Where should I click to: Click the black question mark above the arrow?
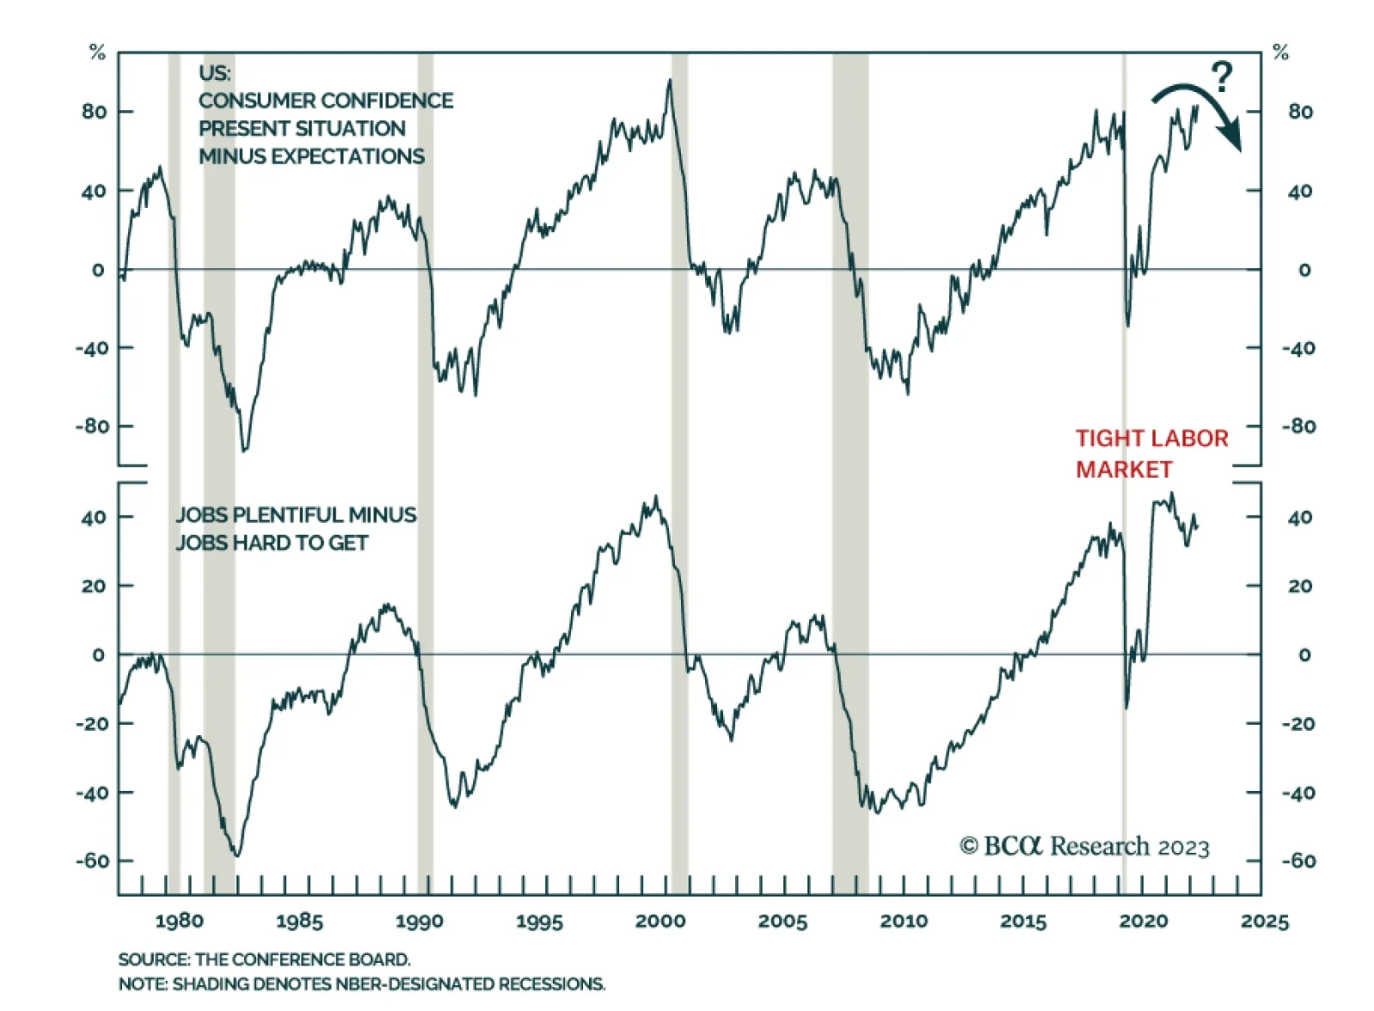point(1221,76)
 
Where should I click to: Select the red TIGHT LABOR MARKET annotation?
point(1151,454)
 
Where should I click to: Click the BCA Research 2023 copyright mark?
point(1084,846)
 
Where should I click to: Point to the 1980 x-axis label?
point(179,921)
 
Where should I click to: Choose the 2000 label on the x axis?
point(660,921)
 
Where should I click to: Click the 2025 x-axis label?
point(1264,921)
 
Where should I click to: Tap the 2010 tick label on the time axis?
point(903,921)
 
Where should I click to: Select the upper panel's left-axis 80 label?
point(94,112)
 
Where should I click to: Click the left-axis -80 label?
point(92,426)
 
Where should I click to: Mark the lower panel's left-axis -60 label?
point(92,861)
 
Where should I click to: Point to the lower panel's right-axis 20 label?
point(1300,586)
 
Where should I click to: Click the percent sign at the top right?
point(1280,52)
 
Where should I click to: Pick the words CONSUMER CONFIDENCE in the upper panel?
point(325,100)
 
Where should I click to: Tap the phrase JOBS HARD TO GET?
point(271,543)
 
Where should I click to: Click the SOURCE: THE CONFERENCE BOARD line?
point(264,959)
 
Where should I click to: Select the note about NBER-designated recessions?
point(362,984)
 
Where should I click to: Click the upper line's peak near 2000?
point(670,80)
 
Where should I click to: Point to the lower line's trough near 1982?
point(237,855)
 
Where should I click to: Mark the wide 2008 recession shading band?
point(849,472)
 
